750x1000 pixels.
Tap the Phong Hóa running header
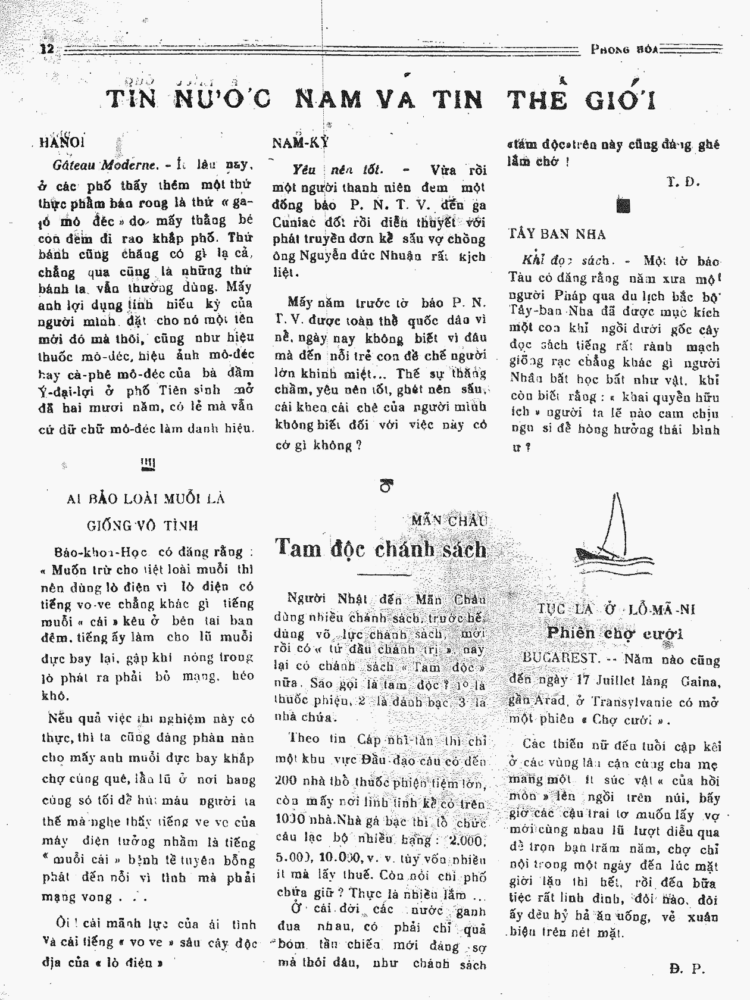point(624,49)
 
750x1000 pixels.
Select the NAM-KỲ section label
point(300,143)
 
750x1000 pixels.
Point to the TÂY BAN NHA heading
point(557,235)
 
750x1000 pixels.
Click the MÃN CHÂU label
point(449,521)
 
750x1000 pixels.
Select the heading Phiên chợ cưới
point(614,633)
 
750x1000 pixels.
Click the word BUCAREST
point(561,658)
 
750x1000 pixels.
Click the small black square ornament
point(623,206)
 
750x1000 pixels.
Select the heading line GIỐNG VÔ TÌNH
point(142,526)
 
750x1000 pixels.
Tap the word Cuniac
point(294,222)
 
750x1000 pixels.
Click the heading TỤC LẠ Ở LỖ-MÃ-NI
point(616,610)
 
